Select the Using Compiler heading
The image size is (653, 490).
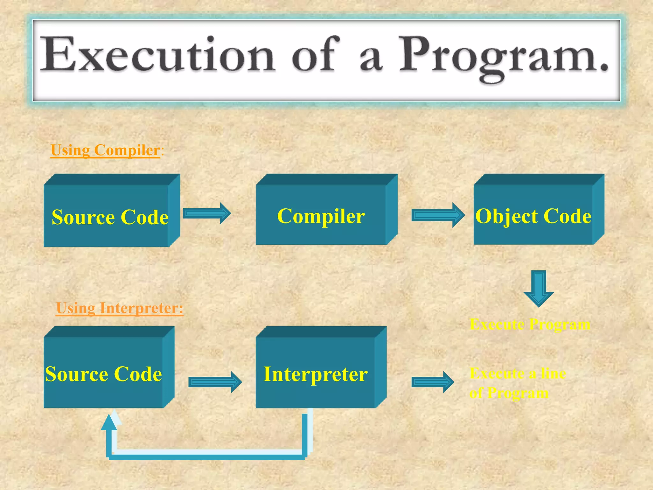105,150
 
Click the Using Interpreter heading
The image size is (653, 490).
120,308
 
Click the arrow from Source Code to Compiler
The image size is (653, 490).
207,213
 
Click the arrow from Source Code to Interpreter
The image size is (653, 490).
215,382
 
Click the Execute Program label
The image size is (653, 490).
530,324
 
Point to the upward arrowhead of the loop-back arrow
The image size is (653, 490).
109,422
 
